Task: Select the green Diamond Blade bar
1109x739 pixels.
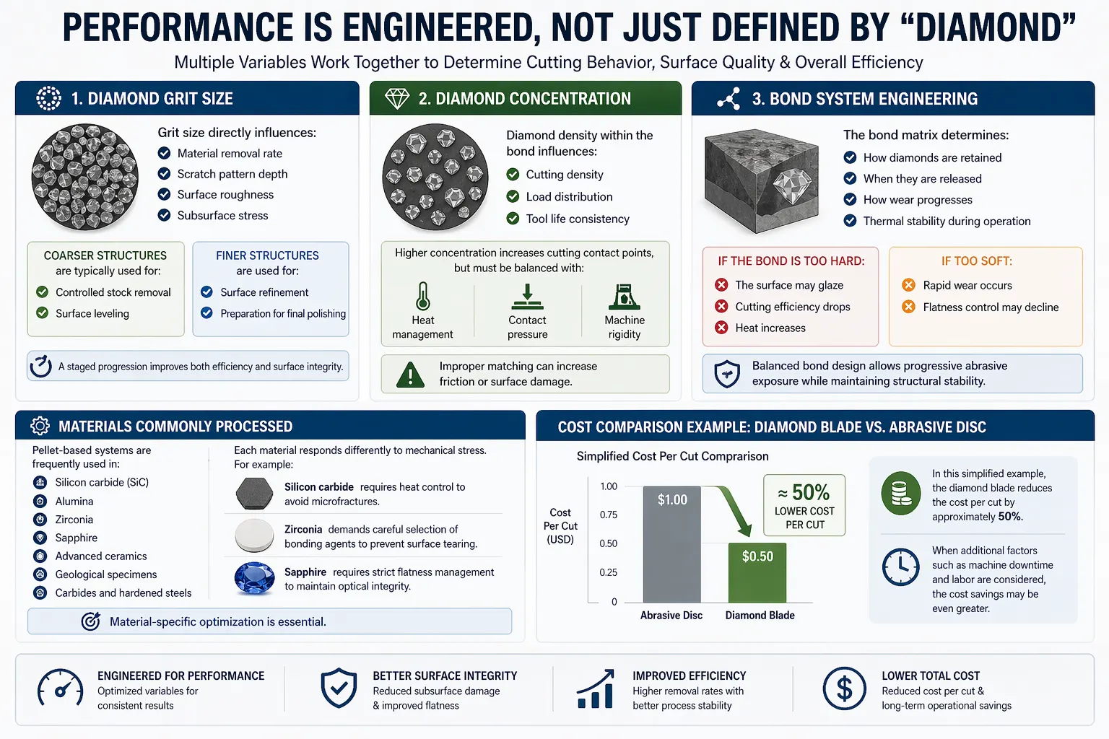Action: click(x=757, y=573)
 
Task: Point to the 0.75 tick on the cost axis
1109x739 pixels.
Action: click(x=609, y=515)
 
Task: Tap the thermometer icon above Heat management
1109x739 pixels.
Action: click(x=423, y=296)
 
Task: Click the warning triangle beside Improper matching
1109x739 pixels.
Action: click(x=410, y=375)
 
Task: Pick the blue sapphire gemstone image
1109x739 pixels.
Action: click(x=255, y=578)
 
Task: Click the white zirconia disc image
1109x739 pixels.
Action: click(x=255, y=535)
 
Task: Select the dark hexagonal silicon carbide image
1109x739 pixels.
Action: click(x=255, y=494)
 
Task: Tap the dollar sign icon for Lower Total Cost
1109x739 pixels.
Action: click(x=844, y=689)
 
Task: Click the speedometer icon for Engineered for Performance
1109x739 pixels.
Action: click(x=60, y=689)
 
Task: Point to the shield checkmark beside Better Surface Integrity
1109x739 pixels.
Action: click(x=339, y=688)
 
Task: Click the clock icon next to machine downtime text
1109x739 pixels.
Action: click(x=900, y=567)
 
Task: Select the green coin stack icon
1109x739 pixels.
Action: click(x=900, y=494)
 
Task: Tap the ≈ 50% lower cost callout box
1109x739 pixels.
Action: click(x=804, y=505)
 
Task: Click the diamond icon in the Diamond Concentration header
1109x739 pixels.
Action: click(x=397, y=99)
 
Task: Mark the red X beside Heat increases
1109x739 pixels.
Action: click(x=721, y=328)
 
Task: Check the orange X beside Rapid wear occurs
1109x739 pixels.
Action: click(x=908, y=285)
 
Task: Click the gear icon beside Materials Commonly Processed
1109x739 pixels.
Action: click(x=40, y=427)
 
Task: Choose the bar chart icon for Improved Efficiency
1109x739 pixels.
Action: click(x=596, y=689)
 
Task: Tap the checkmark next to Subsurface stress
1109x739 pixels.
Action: click(x=165, y=215)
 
